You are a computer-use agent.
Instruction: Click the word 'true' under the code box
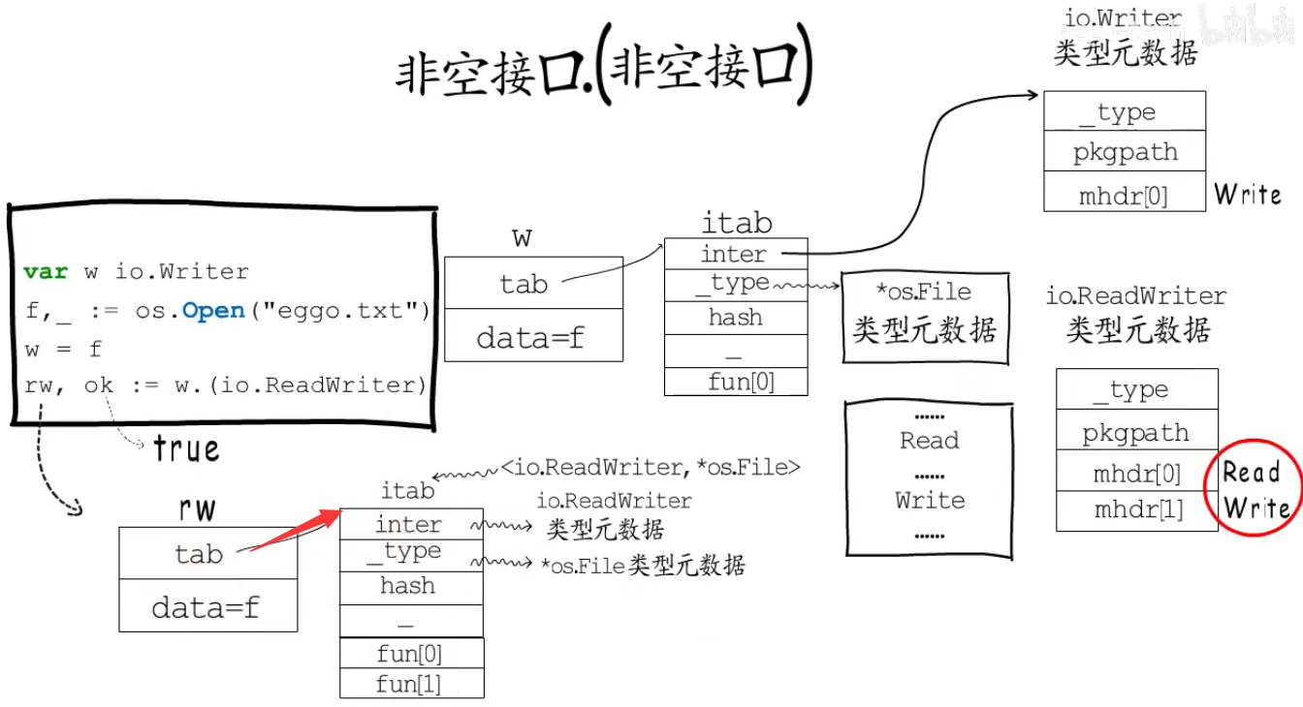186,448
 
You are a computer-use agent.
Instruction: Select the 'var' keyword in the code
46,272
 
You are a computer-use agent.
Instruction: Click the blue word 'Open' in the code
213,311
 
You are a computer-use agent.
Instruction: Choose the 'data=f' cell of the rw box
207,607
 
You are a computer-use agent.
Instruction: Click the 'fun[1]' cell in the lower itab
410,684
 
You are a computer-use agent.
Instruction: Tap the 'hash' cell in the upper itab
735,318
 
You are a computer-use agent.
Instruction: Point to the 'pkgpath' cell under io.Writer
1125,152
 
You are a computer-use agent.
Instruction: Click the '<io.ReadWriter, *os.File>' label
651,468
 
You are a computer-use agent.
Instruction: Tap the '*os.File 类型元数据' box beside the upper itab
924,316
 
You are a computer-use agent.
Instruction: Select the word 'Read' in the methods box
929,441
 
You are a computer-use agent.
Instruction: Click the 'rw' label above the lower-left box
198,508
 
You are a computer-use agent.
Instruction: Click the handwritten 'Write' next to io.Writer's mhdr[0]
1248,195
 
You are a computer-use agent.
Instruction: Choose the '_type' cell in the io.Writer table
1125,112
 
